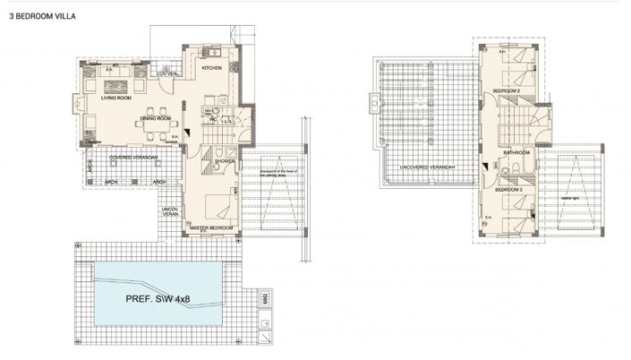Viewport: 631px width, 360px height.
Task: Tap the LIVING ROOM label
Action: click(x=116, y=99)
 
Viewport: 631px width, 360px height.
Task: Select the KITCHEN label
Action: click(x=211, y=68)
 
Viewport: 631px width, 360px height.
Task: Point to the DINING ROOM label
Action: click(x=156, y=118)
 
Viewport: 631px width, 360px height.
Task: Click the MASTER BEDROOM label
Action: click(x=211, y=228)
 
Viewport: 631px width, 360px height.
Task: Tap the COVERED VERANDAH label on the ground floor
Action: click(x=133, y=157)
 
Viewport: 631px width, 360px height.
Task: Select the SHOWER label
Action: click(x=224, y=161)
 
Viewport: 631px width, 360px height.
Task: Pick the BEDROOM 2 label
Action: click(x=507, y=92)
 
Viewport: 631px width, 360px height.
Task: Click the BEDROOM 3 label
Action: click(x=507, y=190)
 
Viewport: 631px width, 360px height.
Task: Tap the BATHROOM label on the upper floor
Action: click(x=517, y=153)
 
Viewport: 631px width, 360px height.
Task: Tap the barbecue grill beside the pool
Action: click(x=263, y=296)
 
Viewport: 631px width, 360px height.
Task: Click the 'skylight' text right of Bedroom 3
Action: click(x=568, y=200)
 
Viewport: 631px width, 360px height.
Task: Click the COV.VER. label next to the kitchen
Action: click(x=165, y=73)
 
